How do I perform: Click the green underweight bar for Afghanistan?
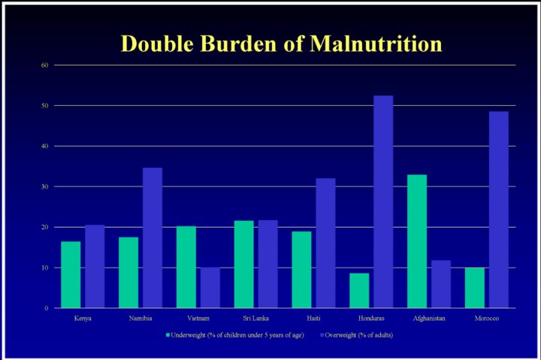[x=416, y=241]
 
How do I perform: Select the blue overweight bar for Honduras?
[x=382, y=201]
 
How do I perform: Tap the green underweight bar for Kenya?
[x=71, y=274]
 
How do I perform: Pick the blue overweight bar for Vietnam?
[x=210, y=288]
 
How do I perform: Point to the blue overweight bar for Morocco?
[x=498, y=210]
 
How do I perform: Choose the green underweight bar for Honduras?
[x=359, y=290]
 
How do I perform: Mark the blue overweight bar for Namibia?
[x=153, y=237]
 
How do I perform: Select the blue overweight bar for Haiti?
[x=325, y=243]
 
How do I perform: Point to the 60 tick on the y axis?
[x=44, y=65]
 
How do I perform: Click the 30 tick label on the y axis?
[x=44, y=186]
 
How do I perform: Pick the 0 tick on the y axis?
[x=46, y=308]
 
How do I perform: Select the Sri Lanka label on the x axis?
[x=256, y=319]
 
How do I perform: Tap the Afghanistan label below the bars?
[x=429, y=319]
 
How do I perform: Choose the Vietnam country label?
[x=198, y=319]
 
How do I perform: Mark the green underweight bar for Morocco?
[x=475, y=288]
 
